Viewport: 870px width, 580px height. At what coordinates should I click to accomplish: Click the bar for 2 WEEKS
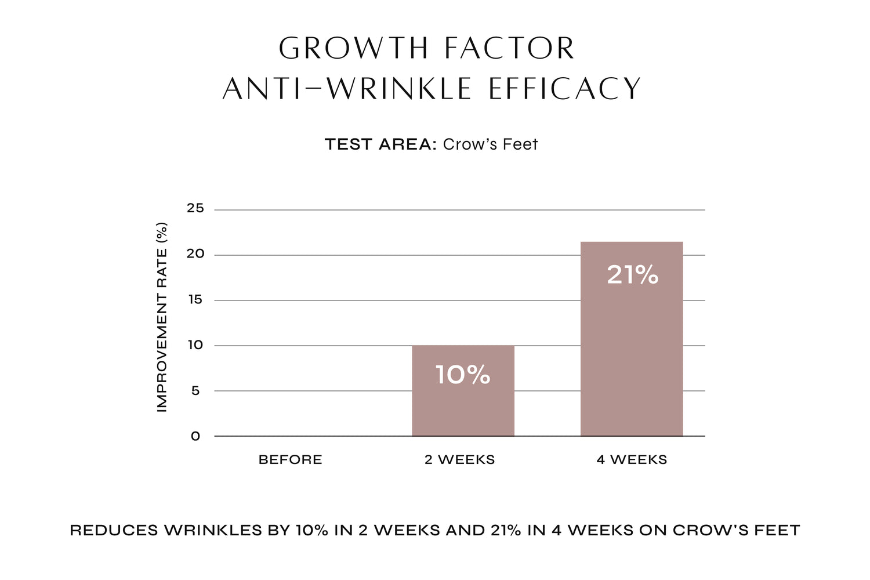pyautogui.click(x=463, y=406)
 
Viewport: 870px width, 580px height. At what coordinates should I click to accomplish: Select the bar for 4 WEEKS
pyautogui.click(x=632, y=348)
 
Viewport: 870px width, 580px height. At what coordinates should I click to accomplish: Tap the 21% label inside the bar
pyautogui.click(x=632, y=275)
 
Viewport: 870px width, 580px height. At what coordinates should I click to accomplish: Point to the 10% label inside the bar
pyautogui.click(x=463, y=375)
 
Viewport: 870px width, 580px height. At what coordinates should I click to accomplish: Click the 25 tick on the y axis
pyautogui.click(x=195, y=208)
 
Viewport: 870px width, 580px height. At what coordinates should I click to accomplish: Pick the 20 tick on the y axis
pyautogui.click(x=195, y=253)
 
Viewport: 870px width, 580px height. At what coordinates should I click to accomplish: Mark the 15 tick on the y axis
pyautogui.click(x=195, y=299)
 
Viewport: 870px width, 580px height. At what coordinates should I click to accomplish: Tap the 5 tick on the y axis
pyautogui.click(x=195, y=390)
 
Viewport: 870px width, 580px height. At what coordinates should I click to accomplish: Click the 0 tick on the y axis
pyautogui.click(x=195, y=436)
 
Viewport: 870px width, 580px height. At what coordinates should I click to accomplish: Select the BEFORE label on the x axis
pyautogui.click(x=290, y=460)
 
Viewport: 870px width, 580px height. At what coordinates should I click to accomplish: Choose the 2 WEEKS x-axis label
pyautogui.click(x=459, y=460)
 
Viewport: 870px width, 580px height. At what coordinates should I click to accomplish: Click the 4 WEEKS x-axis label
pyautogui.click(x=632, y=460)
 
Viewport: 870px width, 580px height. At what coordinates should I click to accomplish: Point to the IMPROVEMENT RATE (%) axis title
pyautogui.click(x=162, y=317)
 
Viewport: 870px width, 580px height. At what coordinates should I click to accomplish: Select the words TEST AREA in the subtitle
pyautogui.click(x=380, y=144)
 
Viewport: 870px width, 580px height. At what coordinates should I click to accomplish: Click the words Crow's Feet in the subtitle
pyautogui.click(x=490, y=144)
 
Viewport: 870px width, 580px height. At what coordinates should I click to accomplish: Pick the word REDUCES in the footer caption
pyautogui.click(x=114, y=530)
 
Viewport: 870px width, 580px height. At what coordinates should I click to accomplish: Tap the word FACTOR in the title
pyautogui.click(x=509, y=48)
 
